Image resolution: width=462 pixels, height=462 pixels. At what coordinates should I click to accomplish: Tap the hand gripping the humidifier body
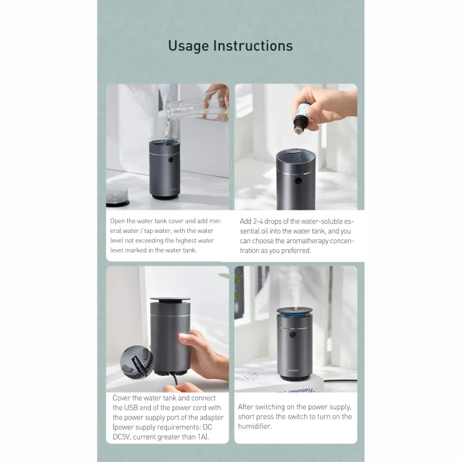[x=196, y=352]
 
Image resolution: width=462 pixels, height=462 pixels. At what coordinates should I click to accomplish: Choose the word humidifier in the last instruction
[x=255, y=426]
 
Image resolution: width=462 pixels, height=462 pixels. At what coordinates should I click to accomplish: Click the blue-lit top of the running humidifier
[x=294, y=311]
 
